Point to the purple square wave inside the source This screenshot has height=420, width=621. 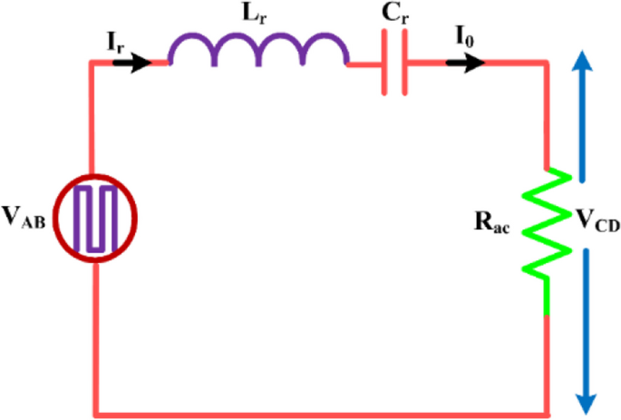[95, 219]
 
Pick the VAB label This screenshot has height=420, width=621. [27, 217]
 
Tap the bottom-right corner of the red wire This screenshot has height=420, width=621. [547, 414]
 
